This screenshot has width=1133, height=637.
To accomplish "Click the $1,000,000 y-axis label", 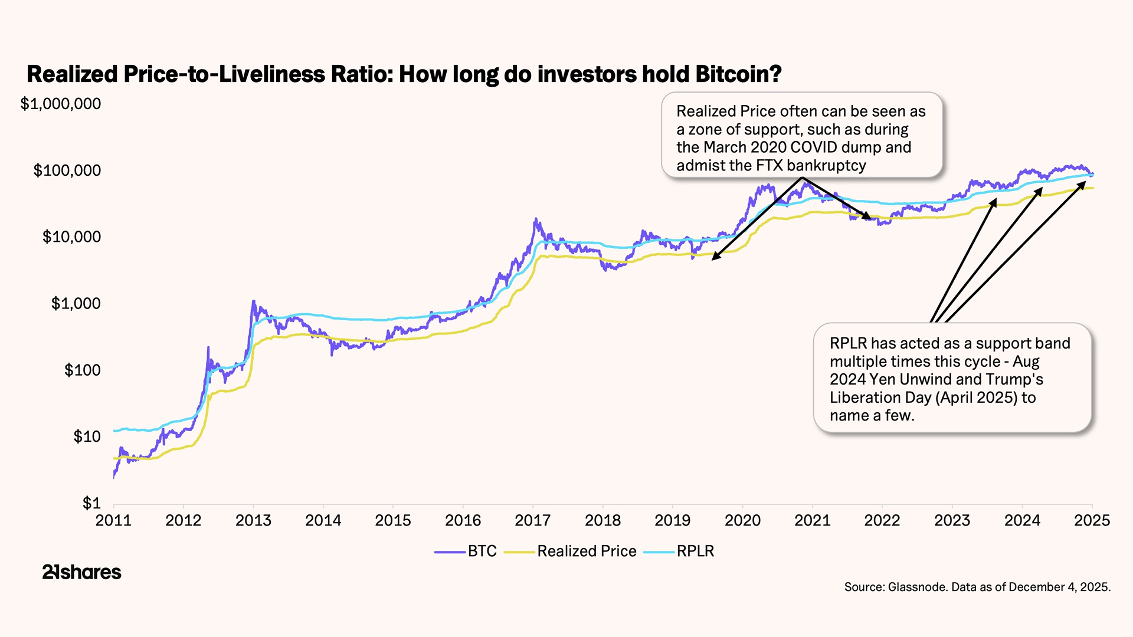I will (x=61, y=104).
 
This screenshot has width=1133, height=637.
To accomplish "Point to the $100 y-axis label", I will (x=83, y=370).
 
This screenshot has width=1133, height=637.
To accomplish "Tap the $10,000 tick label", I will (x=71, y=237).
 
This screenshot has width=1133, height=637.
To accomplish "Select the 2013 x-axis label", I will (x=253, y=520).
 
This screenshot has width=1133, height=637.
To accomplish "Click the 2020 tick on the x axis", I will (x=742, y=520).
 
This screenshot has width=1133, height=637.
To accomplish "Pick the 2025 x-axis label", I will (x=1092, y=520).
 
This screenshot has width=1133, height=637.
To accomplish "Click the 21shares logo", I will (x=81, y=572).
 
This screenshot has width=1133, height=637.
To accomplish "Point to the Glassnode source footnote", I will (x=977, y=587).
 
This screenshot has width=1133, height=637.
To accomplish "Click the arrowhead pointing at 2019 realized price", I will (x=714, y=258).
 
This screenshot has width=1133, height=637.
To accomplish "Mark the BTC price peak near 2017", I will (x=535, y=219).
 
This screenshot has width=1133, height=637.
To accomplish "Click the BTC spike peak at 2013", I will (x=254, y=301).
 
